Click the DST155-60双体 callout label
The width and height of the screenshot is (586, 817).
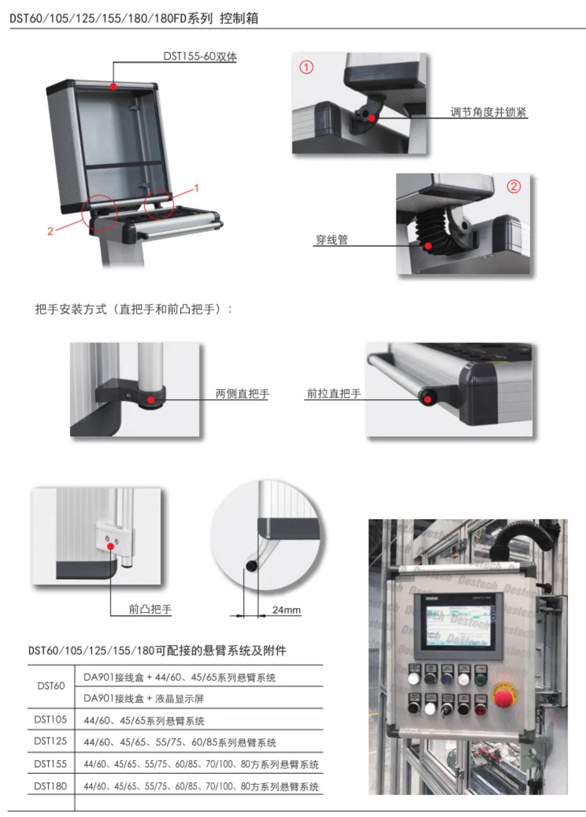[200, 56]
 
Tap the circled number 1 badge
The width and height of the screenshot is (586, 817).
[306, 67]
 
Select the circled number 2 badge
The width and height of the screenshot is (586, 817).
[514, 186]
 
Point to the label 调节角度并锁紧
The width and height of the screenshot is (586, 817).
[488, 112]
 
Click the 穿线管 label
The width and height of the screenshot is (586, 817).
[332, 240]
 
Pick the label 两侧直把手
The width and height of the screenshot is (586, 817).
[242, 393]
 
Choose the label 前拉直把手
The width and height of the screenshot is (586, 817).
[333, 393]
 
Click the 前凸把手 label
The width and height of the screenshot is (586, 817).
[150, 609]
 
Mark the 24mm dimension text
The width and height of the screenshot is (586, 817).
[286, 610]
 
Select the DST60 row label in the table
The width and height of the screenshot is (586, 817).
[51, 686]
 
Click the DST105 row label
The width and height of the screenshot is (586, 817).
[50, 719]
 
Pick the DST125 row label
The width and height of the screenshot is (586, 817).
[50, 741]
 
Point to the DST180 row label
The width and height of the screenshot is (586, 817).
[50, 786]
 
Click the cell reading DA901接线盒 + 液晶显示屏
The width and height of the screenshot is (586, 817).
[144, 699]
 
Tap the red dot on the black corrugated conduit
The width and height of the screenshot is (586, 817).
[428, 246]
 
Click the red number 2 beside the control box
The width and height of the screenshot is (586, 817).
[50, 231]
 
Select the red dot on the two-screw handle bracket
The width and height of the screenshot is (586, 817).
[110, 546]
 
